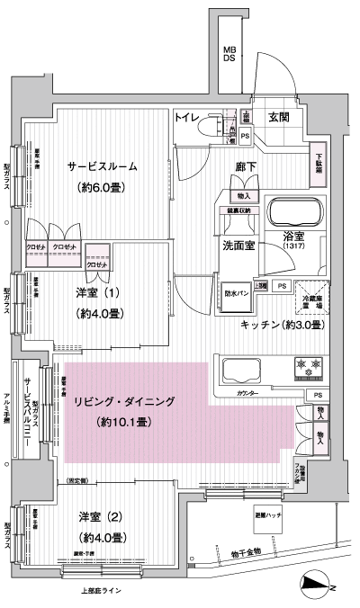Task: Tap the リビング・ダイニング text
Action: click(126, 402)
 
